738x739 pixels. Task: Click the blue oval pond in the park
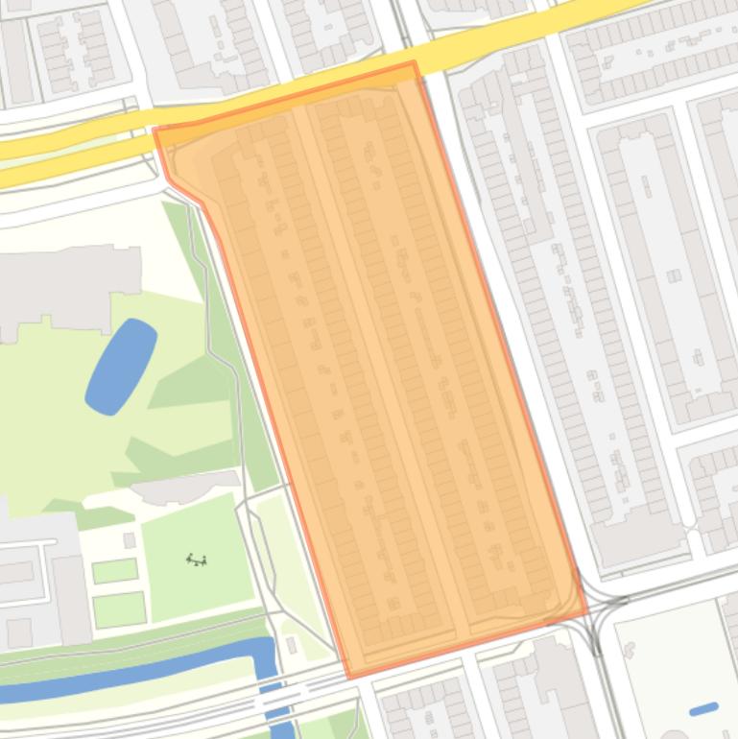click(x=121, y=367)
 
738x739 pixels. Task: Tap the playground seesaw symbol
click(x=197, y=560)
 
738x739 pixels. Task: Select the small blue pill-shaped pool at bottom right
click(x=703, y=709)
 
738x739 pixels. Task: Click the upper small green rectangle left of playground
click(x=114, y=571)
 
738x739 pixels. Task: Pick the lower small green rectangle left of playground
click(x=119, y=609)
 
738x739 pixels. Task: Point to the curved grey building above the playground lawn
click(x=186, y=488)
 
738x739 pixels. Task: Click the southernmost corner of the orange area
click(x=348, y=678)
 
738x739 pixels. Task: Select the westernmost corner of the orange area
click(x=155, y=129)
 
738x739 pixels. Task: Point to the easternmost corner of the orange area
click(x=586, y=611)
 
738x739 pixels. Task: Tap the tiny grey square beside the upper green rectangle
click(x=130, y=541)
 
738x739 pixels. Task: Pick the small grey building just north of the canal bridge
click(x=291, y=645)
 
